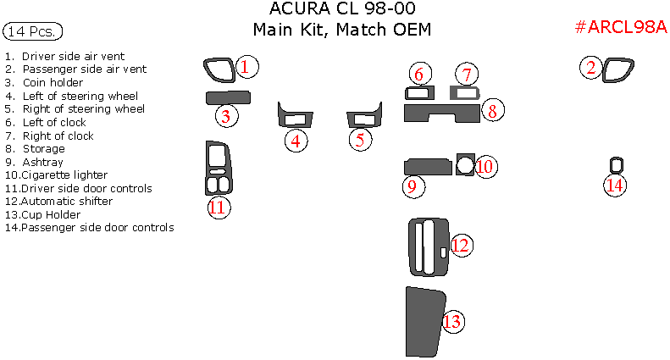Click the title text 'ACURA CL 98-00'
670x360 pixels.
(342, 9)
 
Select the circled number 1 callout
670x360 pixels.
(246, 66)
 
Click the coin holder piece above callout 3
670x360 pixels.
(228, 97)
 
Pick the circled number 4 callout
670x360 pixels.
(295, 141)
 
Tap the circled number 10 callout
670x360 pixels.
(484, 166)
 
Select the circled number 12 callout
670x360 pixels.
(460, 246)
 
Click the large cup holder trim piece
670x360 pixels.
(423, 322)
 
